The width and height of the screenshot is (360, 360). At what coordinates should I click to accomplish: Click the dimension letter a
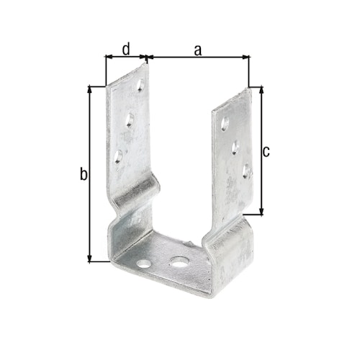pos(198,49)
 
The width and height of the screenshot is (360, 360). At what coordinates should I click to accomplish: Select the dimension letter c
pos(266,151)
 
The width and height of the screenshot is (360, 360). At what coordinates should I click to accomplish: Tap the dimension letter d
pos(126,49)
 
